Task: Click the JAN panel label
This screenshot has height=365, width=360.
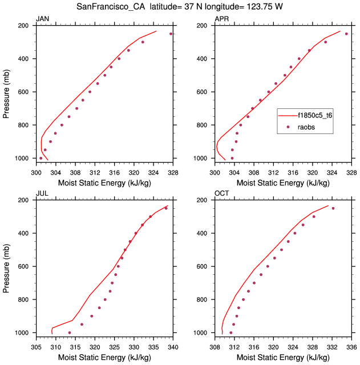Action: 43,19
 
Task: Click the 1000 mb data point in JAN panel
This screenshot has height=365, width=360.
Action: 41,158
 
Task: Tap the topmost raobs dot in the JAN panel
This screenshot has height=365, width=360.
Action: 171,34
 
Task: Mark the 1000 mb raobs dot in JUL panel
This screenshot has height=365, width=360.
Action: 70,332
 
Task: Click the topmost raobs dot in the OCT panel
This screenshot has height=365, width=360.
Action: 333,208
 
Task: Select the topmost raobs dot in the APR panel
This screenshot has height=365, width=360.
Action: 346,34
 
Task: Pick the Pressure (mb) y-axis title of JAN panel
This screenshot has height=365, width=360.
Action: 7,91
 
